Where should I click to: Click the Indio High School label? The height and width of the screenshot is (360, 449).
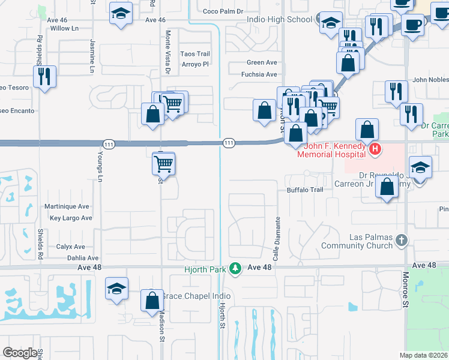pyautogui.click(x=280, y=19)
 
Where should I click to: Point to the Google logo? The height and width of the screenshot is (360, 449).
pyautogui.click(x=20, y=353)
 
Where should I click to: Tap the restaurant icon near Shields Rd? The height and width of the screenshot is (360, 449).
pyautogui.click(x=45, y=77)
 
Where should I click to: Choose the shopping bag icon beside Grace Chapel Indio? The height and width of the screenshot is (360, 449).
pyautogui.click(x=153, y=299)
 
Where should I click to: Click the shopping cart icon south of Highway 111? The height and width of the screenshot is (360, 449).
pyautogui.click(x=164, y=163)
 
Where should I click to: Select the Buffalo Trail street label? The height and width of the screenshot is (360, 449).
pyautogui.click(x=305, y=190)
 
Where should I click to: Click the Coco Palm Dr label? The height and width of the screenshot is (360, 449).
pyautogui.click(x=223, y=11)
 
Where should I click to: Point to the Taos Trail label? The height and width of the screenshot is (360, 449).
pyautogui.click(x=195, y=54)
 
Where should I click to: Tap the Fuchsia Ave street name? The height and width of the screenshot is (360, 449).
pyautogui.click(x=259, y=74)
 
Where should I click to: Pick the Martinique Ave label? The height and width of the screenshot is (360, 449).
pyautogui.click(x=68, y=206)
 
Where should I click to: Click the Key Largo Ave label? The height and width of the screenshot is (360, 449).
pyautogui.click(x=71, y=218)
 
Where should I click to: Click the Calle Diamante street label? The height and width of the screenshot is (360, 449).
pyautogui.click(x=277, y=247)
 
